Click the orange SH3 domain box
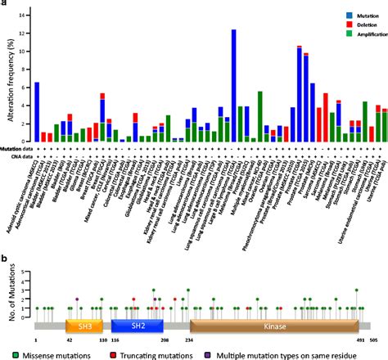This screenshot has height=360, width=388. pos(83,324)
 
